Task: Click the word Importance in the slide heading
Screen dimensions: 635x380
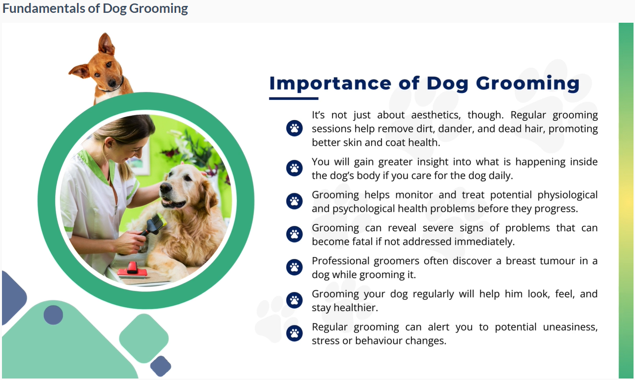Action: [330, 84]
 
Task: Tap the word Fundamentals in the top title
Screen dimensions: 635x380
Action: [43, 8]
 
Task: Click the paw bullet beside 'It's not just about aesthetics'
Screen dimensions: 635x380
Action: [294, 128]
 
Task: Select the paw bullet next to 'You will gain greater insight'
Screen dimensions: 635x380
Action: [294, 168]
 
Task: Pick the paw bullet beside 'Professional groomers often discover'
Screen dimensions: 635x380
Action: [294, 267]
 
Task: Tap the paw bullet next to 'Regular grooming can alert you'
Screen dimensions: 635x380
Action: [294, 333]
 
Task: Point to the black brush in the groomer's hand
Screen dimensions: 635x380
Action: [153, 224]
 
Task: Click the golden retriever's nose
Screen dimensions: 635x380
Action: [166, 187]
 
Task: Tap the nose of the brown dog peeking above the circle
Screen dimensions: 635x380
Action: [112, 83]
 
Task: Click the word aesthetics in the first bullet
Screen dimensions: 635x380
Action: [436, 115]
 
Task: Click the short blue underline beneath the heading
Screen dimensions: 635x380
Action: [294, 98]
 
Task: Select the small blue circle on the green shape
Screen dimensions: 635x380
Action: [53, 315]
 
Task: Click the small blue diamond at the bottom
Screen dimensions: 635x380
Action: [161, 366]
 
